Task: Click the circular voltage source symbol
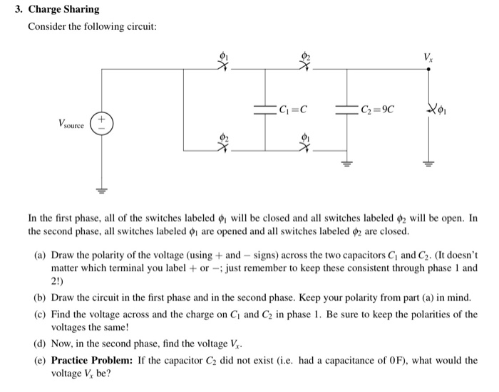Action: tap(100, 124)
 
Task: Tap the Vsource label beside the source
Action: tap(71, 125)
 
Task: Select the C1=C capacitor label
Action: tap(293, 110)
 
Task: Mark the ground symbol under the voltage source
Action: tap(100, 192)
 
